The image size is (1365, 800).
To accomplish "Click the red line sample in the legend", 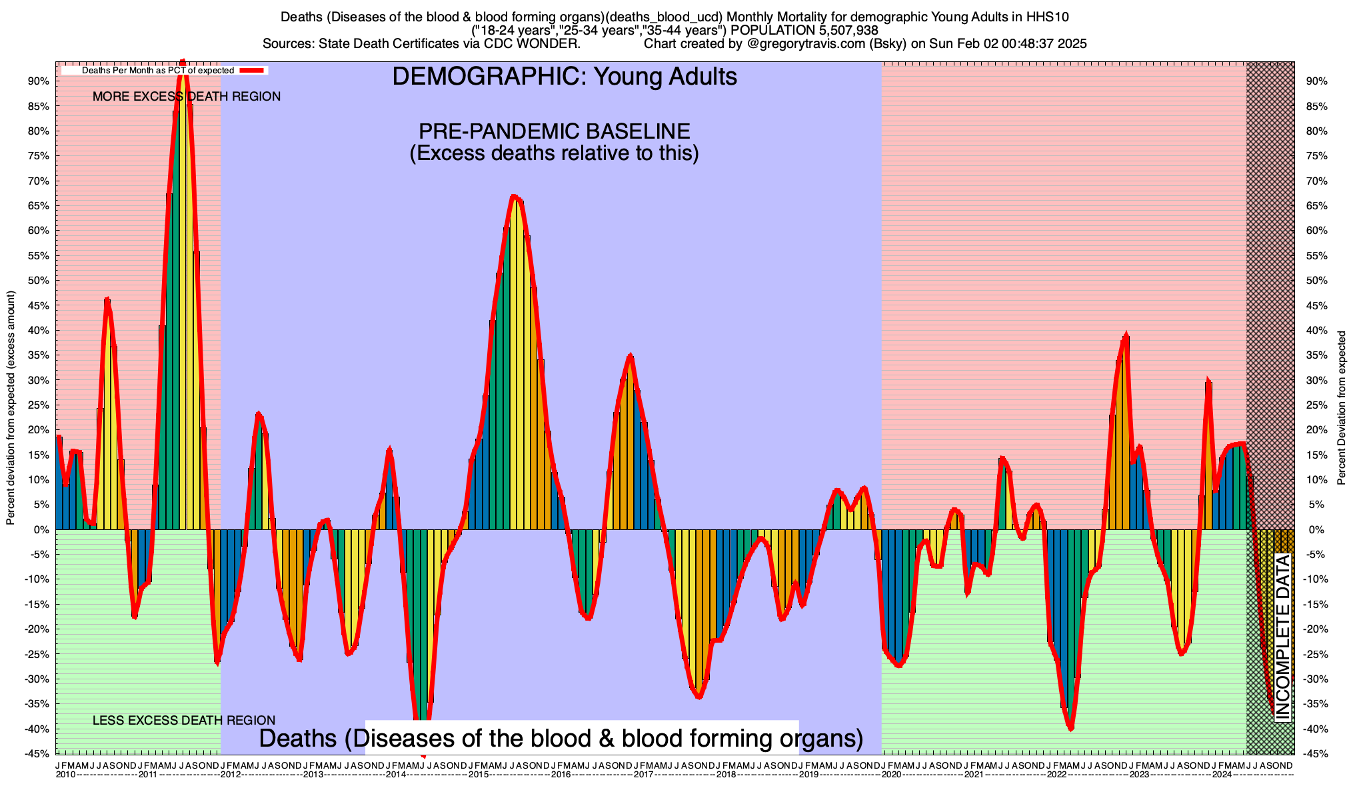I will tap(253, 70).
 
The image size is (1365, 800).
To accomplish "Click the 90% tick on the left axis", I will tap(38, 81).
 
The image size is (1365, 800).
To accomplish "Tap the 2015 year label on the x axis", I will tap(478, 775).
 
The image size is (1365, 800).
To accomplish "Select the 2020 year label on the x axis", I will tap(891, 775).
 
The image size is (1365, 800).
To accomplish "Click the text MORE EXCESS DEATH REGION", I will tap(187, 97).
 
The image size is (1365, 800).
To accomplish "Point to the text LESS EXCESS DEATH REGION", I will tap(184, 720).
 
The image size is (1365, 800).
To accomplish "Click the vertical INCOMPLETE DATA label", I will tap(1283, 637).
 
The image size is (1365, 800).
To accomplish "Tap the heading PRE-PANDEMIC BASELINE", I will tap(554, 131).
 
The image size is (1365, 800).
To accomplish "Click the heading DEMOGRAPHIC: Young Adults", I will tap(565, 77).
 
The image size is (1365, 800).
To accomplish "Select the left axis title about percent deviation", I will tap(11, 408).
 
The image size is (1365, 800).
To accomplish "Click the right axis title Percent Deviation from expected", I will tap(1342, 408).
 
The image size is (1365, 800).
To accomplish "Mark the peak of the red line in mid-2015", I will tap(513, 196).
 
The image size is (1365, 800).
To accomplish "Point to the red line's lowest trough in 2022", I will tap(1070, 729).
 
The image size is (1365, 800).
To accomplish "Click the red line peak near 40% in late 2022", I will tap(1126, 335).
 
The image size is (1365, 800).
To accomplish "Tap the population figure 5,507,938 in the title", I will tap(838, 30).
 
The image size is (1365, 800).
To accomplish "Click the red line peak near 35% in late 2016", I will tap(631, 356).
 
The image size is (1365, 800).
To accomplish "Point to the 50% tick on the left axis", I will tap(38, 281).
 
